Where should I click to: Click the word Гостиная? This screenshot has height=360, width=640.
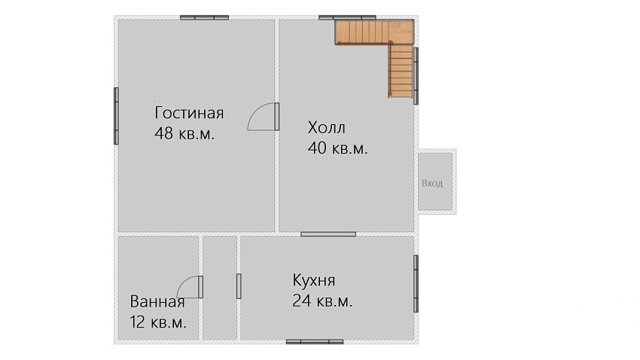point(189,113)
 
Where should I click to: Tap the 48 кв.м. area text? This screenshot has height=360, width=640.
point(184,133)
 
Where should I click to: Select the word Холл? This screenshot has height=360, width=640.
point(327,127)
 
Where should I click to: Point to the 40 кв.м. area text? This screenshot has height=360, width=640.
point(337,148)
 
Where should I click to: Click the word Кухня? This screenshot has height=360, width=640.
point(314,280)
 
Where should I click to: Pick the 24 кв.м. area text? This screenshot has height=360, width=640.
point(322,301)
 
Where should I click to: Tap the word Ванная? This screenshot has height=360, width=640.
point(157,302)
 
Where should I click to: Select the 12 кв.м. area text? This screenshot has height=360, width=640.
point(158,322)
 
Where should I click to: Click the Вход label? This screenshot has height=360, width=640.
point(432,183)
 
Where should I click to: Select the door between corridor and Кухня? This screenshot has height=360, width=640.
point(239,286)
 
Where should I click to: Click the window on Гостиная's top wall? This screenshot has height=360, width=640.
point(205,17)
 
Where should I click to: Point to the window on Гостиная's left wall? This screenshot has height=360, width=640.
point(116,116)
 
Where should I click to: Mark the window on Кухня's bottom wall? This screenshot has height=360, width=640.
point(315,342)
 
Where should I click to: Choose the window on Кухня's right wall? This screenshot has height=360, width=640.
point(416,284)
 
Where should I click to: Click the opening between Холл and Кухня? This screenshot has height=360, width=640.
point(328,234)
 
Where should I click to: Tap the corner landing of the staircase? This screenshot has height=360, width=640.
point(401,32)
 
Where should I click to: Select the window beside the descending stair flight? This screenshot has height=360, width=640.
point(416,76)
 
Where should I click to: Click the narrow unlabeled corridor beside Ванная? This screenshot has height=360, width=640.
point(220,288)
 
